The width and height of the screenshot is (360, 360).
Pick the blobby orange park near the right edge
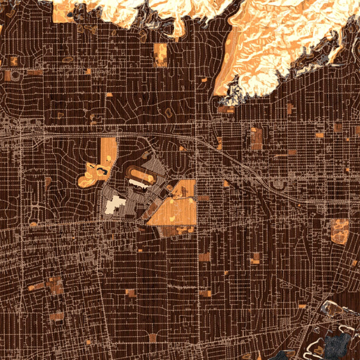point(340,230)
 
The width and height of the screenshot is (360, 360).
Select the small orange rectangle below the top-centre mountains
point(160,54)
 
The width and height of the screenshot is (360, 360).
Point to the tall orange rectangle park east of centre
point(256,137)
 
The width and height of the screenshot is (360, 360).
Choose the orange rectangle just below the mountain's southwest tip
point(226,109)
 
